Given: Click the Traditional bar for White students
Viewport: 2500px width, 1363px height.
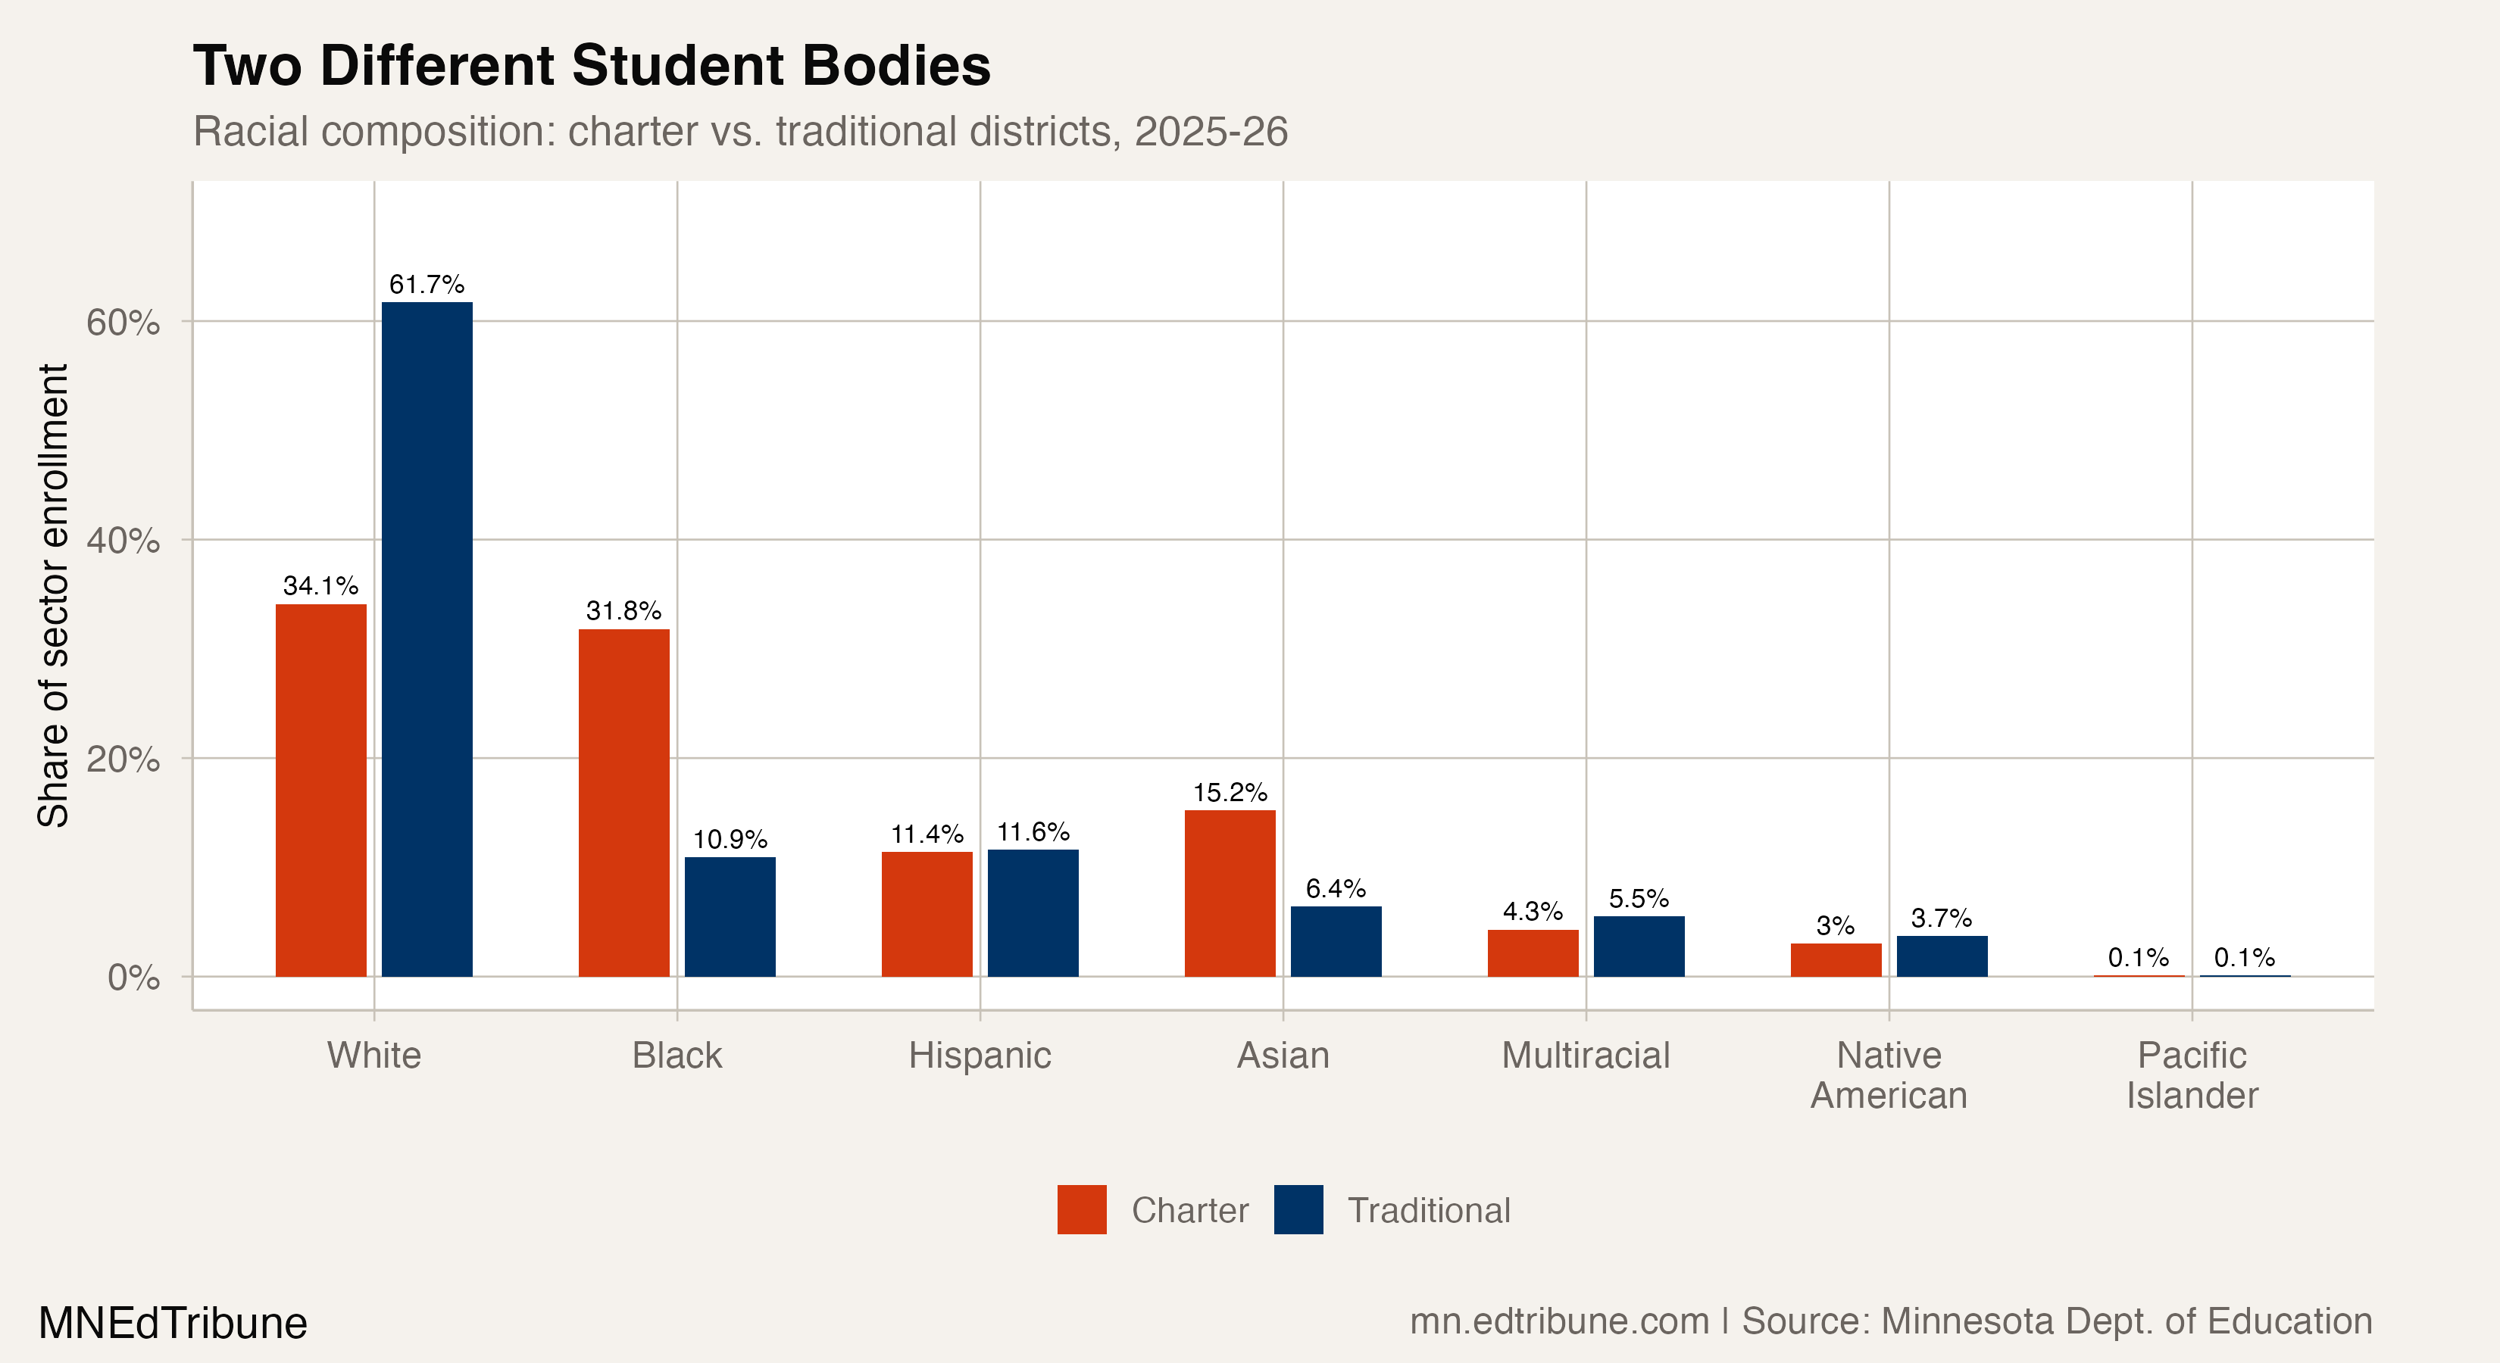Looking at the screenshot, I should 427,641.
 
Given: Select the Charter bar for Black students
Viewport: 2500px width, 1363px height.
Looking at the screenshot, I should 624,803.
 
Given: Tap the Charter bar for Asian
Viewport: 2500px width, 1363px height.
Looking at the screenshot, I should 1230,894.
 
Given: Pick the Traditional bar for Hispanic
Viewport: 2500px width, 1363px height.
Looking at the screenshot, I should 1033,913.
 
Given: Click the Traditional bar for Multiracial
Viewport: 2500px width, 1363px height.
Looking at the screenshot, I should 1639,946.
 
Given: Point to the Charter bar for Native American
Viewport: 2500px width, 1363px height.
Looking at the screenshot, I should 1835,959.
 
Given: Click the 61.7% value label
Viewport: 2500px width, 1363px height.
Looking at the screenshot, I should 427,284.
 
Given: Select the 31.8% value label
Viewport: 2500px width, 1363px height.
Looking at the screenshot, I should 624,611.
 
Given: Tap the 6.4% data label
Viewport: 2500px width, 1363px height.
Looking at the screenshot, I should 1336,889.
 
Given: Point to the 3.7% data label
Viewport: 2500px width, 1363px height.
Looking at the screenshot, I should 1941,918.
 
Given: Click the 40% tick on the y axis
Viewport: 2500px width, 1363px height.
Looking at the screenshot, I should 123,541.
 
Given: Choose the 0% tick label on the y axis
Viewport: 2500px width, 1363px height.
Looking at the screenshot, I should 134,977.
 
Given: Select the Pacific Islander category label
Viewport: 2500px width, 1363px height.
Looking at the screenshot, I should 2192,1075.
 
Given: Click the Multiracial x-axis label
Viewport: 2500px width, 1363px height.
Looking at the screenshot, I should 1586,1056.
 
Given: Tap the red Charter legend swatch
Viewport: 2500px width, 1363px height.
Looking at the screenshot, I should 1081,1210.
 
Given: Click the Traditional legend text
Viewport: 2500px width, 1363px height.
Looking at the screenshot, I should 1429,1211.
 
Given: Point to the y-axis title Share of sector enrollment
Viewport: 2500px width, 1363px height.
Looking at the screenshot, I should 53,596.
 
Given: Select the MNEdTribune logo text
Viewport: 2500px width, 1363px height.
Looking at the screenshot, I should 173,1323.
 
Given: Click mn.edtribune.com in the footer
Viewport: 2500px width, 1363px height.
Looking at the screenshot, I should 1558,1321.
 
